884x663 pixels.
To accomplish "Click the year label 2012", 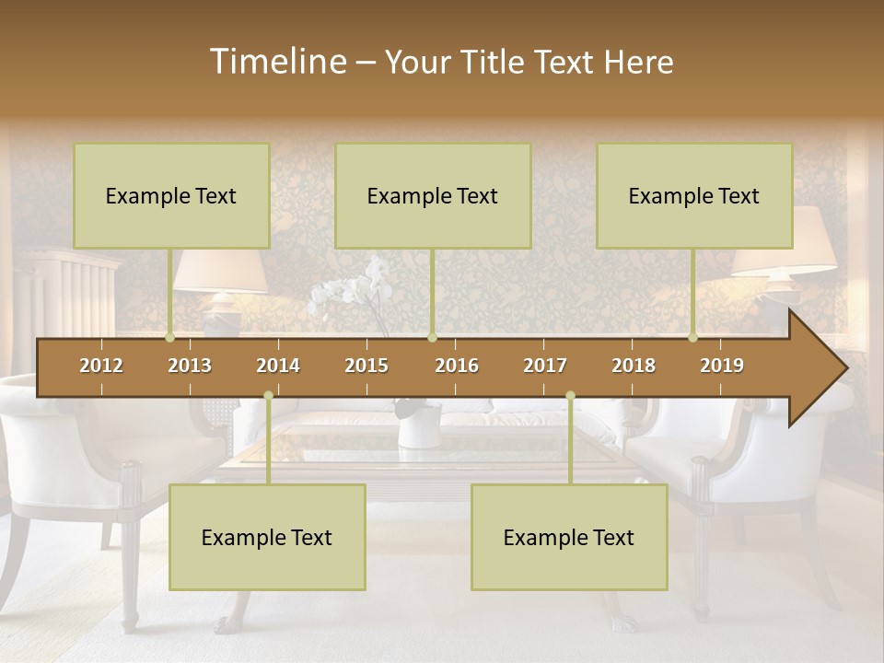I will click(x=101, y=366).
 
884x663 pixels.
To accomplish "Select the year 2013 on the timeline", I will click(x=190, y=366).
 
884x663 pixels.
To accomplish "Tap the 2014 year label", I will click(x=278, y=366).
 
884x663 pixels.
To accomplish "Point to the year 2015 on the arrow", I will click(x=366, y=366).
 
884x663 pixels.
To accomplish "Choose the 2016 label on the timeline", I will click(x=457, y=366).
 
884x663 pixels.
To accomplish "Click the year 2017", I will click(x=545, y=366).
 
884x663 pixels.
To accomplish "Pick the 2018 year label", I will click(x=634, y=366).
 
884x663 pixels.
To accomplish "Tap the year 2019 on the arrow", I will click(x=722, y=366).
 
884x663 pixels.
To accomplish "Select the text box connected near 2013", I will click(x=171, y=195).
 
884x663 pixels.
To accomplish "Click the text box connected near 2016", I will click(x=433, y=195).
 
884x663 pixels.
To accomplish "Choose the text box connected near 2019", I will click(x=694, y=195).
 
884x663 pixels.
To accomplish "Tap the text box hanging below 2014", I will click(x=267, y=537).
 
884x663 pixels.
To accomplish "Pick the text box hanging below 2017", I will click(x=569, y=537).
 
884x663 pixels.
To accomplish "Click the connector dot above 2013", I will click(x=170, y=338).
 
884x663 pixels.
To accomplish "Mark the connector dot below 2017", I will click(x=570, y=395).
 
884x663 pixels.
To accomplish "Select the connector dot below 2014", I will click(x=268, y=395).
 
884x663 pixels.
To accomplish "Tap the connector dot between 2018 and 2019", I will click(x=693, y=338).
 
